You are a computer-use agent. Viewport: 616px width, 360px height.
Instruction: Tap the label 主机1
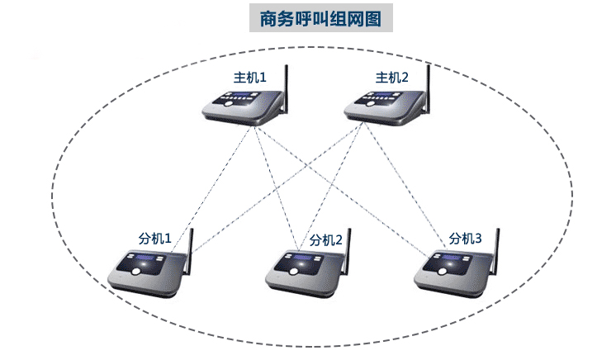tap(249, 78)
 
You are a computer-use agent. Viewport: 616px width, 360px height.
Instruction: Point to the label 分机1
tap(154, 239)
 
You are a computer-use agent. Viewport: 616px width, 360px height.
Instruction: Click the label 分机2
tap(325, 240)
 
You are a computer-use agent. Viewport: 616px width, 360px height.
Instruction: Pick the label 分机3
tap(465, 239)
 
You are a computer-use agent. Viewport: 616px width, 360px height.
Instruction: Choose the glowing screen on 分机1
tap(149, 264)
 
